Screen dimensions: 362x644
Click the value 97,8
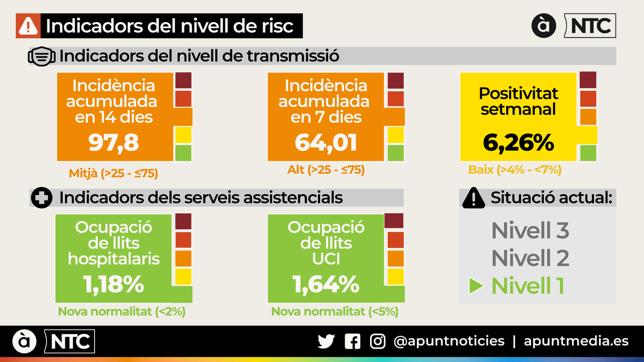click(x=114, y=143)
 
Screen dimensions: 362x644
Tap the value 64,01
click(x=326, y=143)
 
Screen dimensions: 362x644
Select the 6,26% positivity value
click(x=518, y=143)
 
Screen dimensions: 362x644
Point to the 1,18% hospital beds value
click(x=114, y=284)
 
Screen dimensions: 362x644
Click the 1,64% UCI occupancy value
click(x=326, y=284)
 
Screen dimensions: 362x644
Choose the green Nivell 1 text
click(x=528, y=286)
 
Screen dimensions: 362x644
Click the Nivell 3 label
click(x=530, y=230)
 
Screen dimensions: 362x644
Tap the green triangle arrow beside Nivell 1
click(x=476, y=286)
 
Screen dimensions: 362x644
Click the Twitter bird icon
click(x=326, y=341)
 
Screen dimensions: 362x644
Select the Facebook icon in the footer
click(x=353, y=341)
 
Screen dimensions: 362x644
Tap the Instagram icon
click(x=378, y=341)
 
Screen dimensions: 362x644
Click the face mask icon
click(x=41, y=56)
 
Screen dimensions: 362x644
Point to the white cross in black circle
click(x=41, y=197)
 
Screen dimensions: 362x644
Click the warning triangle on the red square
click(x=28, y=26)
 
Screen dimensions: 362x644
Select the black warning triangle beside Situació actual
click(x=473, y=198)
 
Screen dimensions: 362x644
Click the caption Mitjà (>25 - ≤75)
click(x=114, y=173)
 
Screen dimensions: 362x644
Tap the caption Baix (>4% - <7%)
click(x=515, y=170)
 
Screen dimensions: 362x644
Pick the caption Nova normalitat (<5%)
click(x=334, y=311)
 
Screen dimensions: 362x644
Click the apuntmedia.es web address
click(x=576, y=341)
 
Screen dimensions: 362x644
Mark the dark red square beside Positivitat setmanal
click(x=588, y=80)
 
